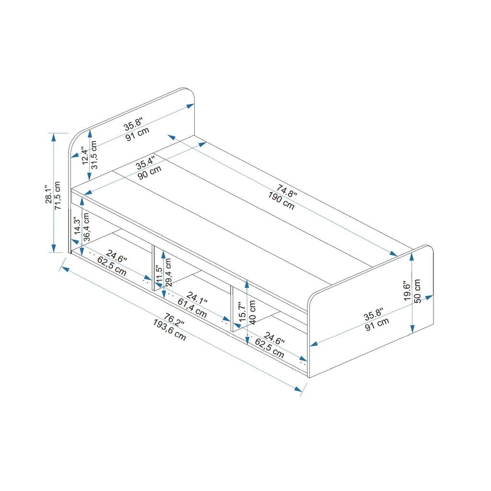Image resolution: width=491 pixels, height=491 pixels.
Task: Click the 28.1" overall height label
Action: [x=47, y=194]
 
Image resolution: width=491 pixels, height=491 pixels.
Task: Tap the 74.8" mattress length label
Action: [x=286, y=190]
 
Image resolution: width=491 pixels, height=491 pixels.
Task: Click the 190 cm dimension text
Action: [x=281, y=200]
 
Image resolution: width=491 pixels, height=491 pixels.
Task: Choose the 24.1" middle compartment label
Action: [x=197, y=299]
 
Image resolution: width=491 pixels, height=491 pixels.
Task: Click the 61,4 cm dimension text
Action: [x=192, y=308]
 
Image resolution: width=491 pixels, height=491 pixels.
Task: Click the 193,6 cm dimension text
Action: [x=169, y=330]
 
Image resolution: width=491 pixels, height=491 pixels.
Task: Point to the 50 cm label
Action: [x=417, y=291]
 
